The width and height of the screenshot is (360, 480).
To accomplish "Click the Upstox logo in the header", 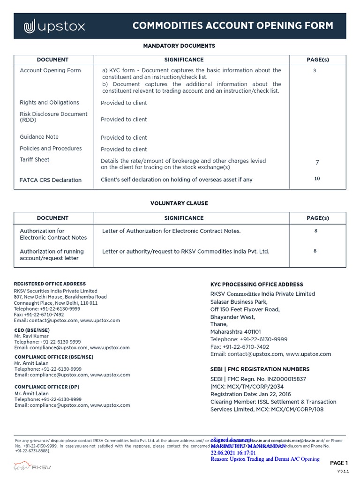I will coord(54,26).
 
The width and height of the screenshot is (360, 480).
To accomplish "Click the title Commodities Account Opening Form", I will coord(232,26).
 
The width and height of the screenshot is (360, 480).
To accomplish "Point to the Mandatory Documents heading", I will coord(179,46).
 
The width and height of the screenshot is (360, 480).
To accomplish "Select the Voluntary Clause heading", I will coord(179,203).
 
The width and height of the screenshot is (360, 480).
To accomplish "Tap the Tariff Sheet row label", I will coord(35,160).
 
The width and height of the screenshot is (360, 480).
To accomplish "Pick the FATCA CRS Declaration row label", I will coord(51,180).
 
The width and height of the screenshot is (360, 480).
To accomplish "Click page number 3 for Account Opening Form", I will coord(315,71).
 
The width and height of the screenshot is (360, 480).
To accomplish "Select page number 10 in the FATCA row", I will coord(317,179).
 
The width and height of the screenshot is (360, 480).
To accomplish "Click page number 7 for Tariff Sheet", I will coord(317,163).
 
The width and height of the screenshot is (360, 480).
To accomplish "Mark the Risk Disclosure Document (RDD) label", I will coord(53,117).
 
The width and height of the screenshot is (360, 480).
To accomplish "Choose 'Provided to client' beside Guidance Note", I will coord(124,138).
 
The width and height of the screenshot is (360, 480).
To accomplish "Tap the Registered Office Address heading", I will coord(50,284).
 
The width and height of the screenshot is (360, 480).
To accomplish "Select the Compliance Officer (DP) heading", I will coord(46,387).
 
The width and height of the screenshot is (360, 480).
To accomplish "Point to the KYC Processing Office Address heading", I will coord(256,285).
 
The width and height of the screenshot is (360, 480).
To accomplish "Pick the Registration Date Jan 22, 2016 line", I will coord(250,394).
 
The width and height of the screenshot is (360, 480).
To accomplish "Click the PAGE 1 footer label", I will coord(339,463).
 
